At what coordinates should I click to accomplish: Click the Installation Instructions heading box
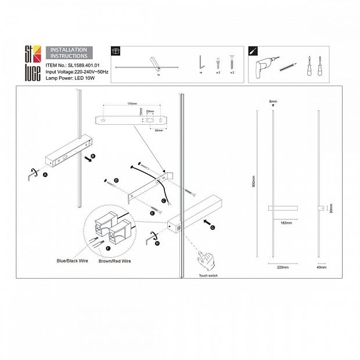69,53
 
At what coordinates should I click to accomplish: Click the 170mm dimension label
132,105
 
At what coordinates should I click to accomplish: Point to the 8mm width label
273,102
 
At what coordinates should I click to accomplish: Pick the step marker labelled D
116,181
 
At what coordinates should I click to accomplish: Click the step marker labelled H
157,243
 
